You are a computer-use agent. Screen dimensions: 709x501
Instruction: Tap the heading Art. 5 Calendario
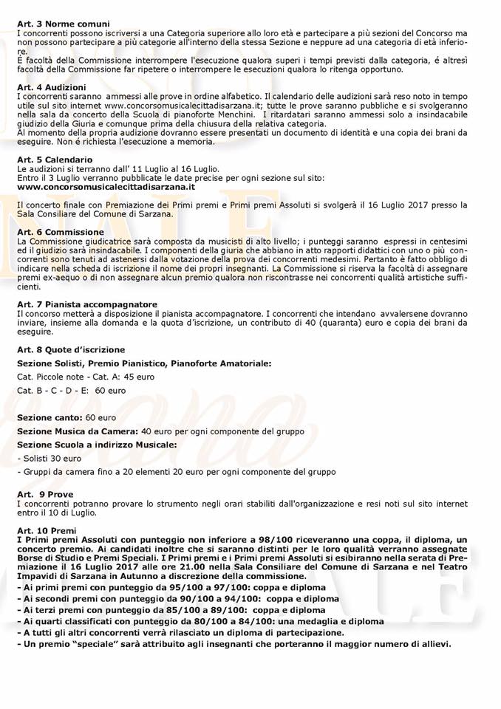(55, 160)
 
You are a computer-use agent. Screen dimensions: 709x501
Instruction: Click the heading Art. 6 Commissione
(55, 231)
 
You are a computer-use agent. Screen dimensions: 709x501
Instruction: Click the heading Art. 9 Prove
(45, 493)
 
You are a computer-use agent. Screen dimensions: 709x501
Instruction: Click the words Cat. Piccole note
(51, 377)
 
